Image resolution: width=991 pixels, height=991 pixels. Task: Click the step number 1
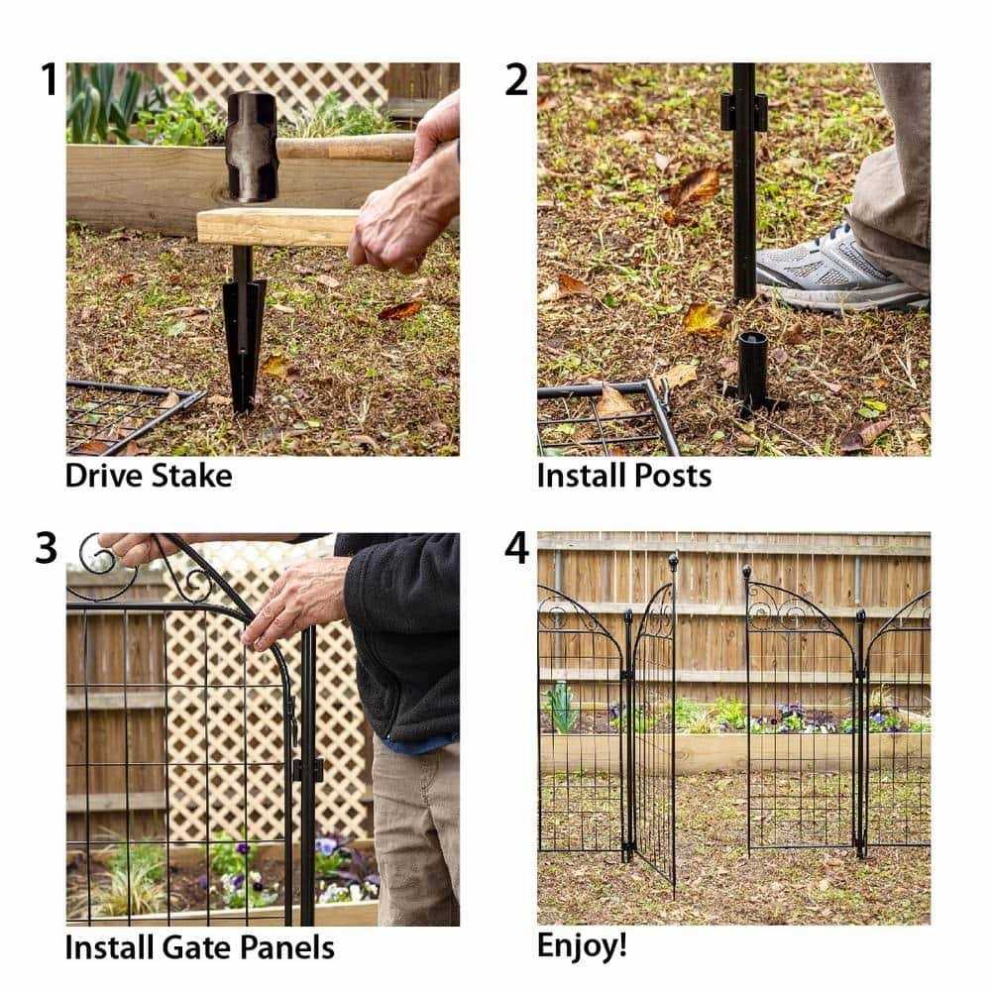pos(47,80)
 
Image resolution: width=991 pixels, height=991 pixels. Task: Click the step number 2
pos(516,80)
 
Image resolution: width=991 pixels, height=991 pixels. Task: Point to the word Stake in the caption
pos(191,476)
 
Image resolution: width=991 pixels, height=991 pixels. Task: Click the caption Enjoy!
pos(582,944)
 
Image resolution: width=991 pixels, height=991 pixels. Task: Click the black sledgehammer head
pos(252,146)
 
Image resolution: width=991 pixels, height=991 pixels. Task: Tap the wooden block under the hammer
pos(277,227)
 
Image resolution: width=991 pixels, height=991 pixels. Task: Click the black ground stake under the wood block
pos(243,332)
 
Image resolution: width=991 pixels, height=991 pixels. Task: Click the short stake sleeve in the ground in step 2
pos(752,370)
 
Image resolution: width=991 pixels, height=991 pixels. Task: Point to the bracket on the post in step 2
pos(743,111)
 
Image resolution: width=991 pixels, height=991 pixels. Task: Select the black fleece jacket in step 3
pos(406,634)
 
